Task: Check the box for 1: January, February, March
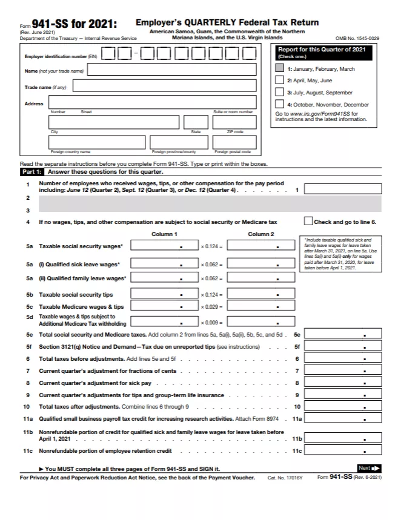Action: coord(279,68)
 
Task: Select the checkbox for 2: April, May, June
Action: coord(279,80)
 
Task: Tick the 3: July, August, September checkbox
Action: coord(279,92)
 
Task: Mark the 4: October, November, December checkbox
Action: coord(279,104)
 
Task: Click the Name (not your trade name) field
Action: coord(172,70)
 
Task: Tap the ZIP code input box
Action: coord(234,122)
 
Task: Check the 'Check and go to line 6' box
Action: coord(308,222)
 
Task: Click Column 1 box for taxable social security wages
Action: coord(164,246)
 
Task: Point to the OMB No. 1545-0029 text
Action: coord(357,38)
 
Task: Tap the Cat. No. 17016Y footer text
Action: coord(283,478)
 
